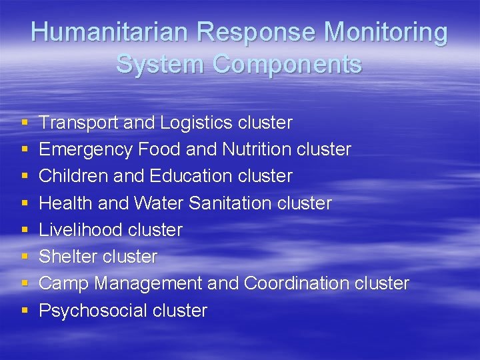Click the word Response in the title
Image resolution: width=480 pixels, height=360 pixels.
[239, 32]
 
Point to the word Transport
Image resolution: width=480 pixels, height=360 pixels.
[70, 123]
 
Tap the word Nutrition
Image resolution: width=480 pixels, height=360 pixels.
[259, 149]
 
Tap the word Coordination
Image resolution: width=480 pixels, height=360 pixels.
[297, 283]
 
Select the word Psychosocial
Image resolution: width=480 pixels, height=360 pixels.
[93, 311]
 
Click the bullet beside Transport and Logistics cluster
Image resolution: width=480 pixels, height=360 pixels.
[25, 123]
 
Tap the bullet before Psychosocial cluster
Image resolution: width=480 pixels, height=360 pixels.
[25, 311]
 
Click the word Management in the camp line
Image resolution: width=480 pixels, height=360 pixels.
[148, 283]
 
